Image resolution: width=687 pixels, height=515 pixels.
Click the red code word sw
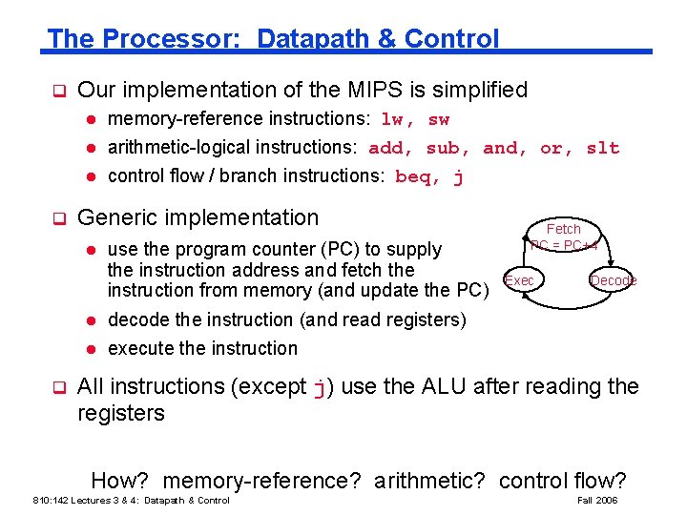439,119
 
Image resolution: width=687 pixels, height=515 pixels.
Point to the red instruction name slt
603,148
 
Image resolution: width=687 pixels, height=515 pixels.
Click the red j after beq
459,176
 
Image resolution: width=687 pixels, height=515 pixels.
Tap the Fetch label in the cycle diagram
563,229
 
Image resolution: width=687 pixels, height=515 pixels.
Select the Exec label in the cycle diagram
520,280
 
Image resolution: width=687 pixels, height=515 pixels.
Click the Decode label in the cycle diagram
613,280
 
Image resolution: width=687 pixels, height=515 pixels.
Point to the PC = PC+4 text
563,245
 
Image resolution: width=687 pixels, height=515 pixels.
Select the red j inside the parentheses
321,387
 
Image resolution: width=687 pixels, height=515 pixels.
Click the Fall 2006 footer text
597,501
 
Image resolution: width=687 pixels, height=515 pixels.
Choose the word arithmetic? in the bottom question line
429,481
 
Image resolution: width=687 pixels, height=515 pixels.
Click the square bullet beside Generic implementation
57,218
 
